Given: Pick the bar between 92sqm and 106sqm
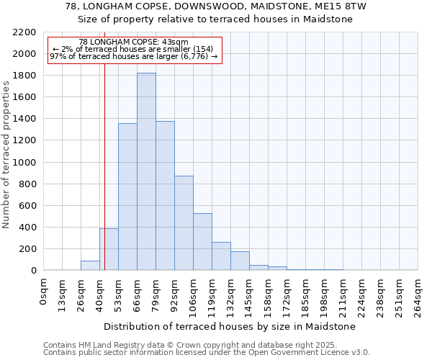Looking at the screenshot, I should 184,223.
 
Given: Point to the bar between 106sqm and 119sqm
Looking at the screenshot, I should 202,242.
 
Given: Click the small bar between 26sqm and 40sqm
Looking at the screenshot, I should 90,266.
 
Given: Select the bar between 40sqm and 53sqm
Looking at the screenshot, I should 109,249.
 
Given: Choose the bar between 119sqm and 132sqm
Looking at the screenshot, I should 221,256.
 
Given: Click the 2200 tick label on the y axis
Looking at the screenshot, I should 24,32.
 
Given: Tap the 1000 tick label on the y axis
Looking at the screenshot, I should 24,162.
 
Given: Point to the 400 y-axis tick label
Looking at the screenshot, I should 27,228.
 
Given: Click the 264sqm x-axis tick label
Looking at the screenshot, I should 418,296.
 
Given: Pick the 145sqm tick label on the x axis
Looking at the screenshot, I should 249,296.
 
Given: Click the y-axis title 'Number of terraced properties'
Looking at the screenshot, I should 7,155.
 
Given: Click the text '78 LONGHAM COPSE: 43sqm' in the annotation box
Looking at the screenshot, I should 133,42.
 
